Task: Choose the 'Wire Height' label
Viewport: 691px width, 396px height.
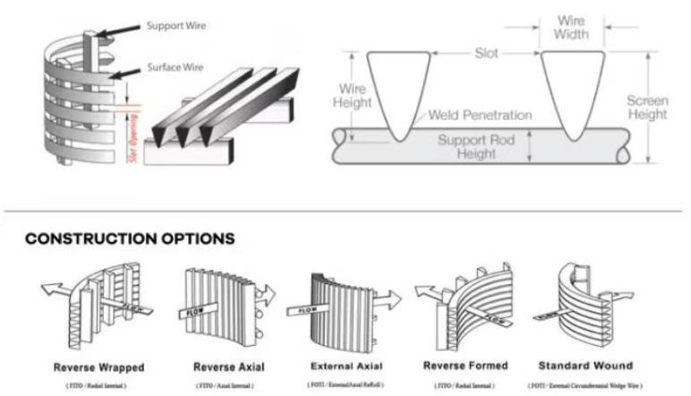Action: click(x=354, y=97)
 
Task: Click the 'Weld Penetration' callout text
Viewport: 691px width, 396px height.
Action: click(x=480, y=115)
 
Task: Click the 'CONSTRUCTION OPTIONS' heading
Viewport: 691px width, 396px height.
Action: click(x=130, y=239)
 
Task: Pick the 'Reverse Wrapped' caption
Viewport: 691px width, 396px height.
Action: click(x=98, y=367)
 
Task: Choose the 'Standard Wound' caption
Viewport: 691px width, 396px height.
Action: click(x=586, y=366)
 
